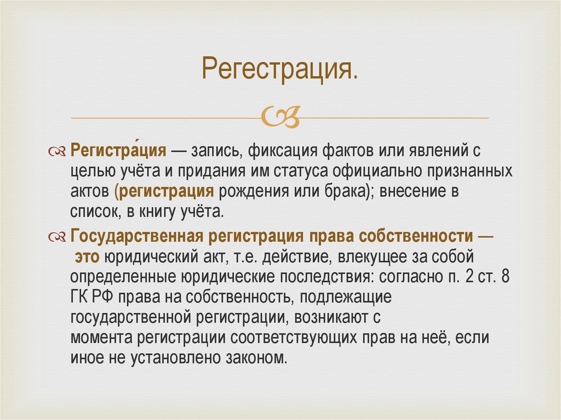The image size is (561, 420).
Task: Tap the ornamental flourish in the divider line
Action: coord(280,117)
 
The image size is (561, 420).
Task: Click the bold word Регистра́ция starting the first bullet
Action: coord(119,151)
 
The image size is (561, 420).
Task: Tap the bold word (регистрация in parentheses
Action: coord(164,193)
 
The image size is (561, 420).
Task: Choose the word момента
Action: coord(102,339)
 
